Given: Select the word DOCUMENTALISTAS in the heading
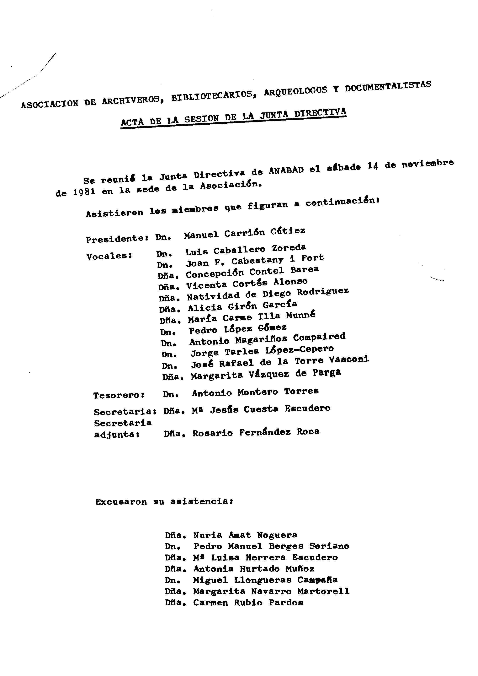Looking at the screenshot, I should click(x=388, y=86).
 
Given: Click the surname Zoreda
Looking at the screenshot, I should click(x=289, y=247).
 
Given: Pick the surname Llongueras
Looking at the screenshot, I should click(x=263, y=580).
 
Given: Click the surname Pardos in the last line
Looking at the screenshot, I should click(x=286, y=603).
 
